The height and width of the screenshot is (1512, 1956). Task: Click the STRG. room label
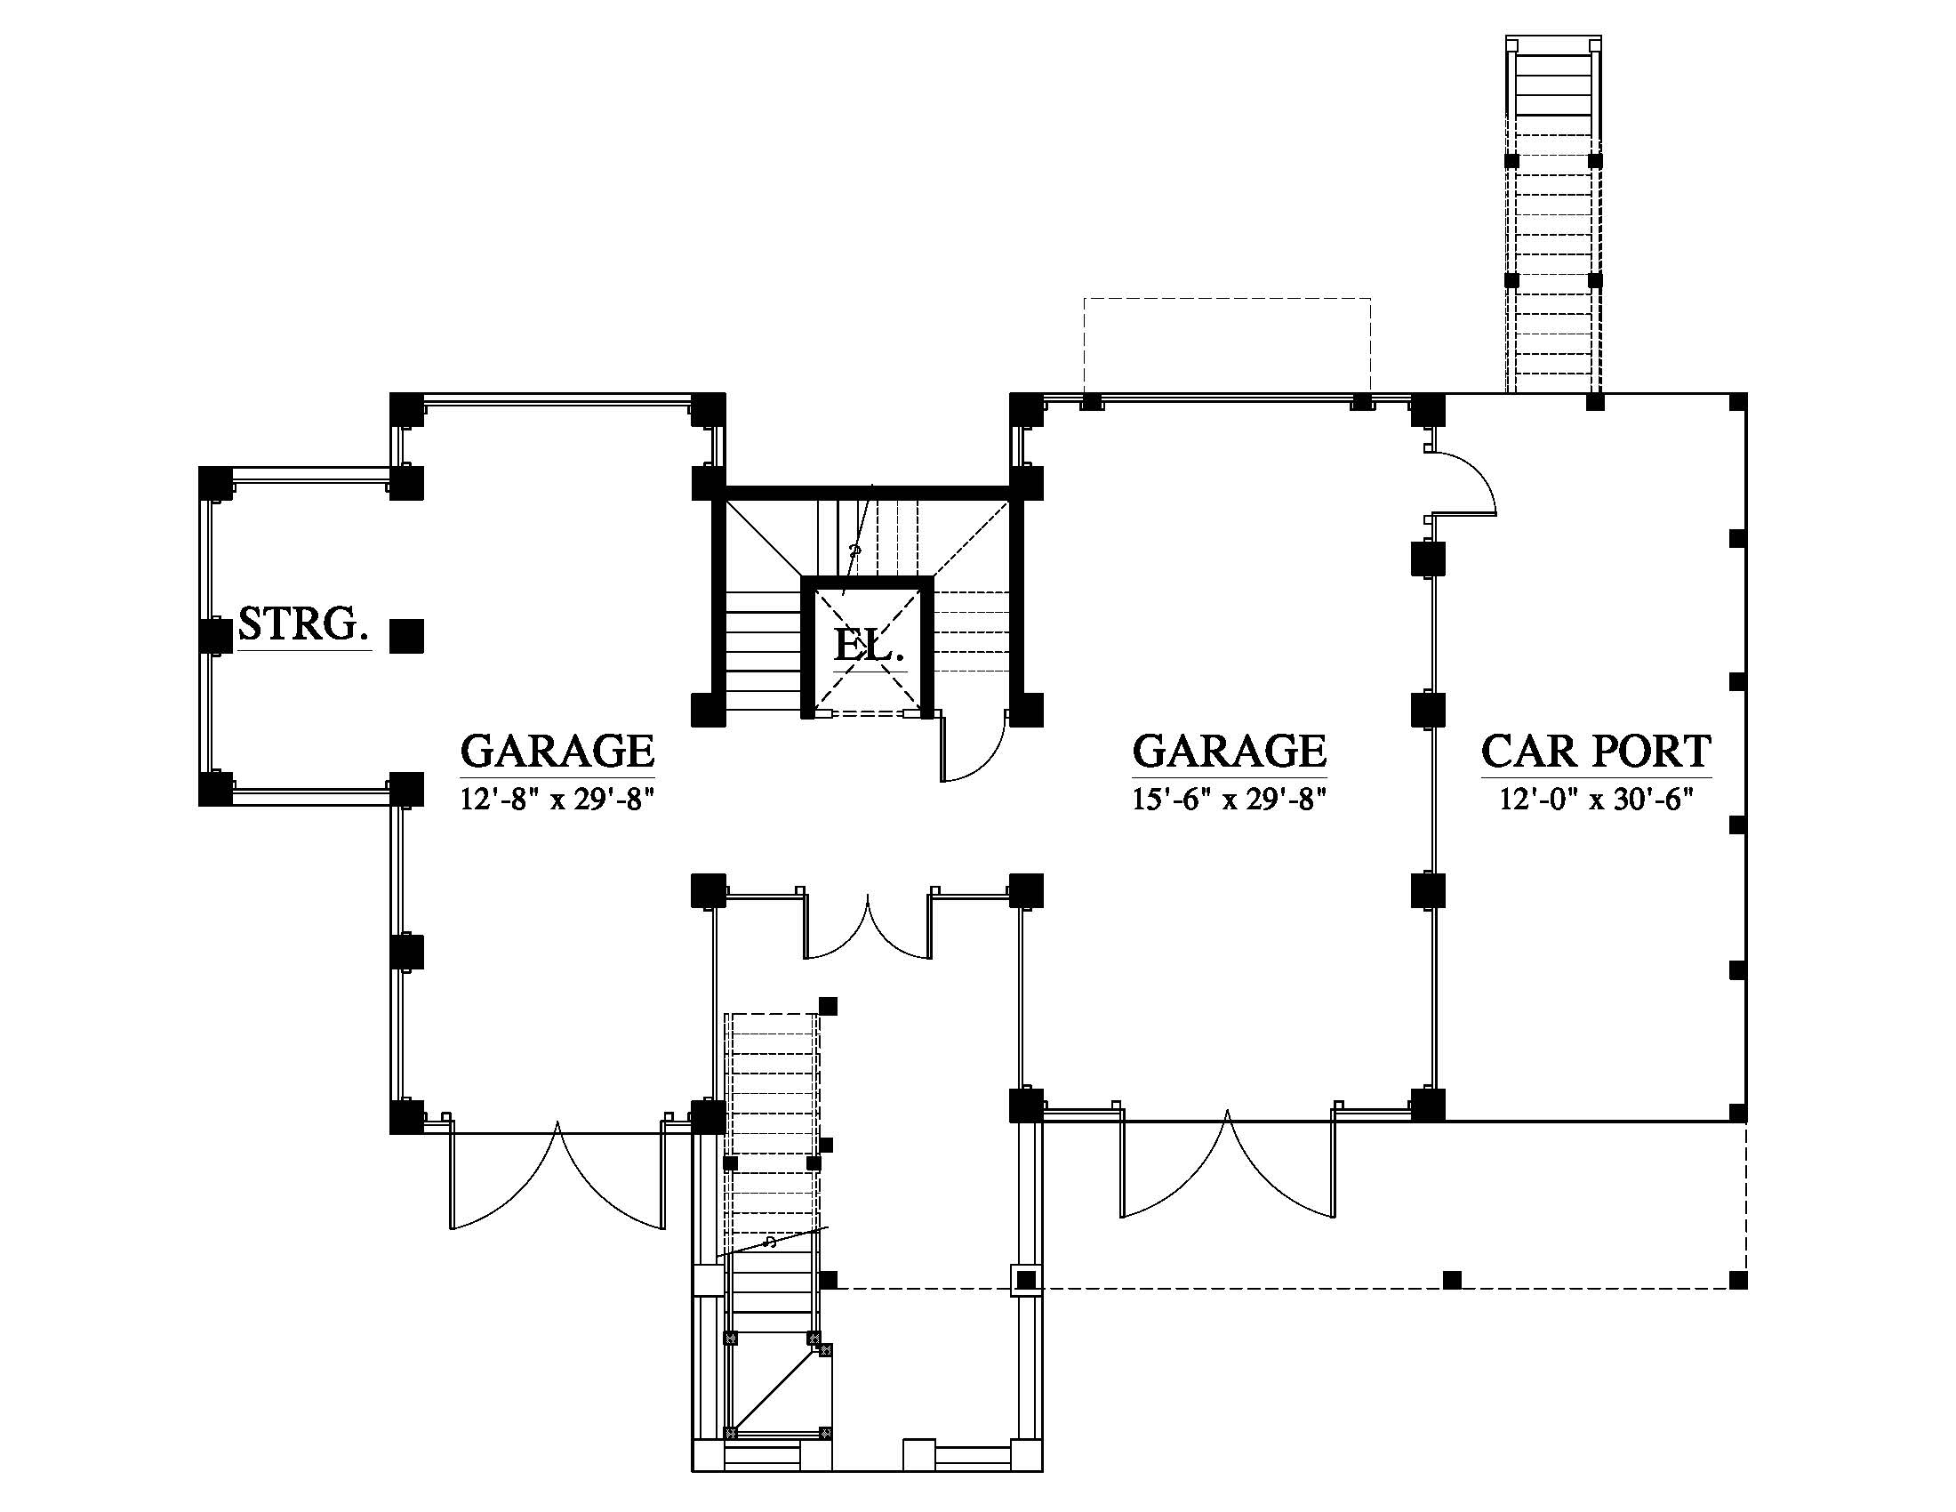pos(303,623)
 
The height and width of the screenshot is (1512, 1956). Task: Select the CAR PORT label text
pos(1596,751)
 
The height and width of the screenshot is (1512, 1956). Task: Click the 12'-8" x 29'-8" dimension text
pos(557,799)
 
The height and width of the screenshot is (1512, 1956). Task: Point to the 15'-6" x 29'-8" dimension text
pos(1229,799)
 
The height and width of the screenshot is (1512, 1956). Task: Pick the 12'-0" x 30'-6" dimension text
pos(1597,799)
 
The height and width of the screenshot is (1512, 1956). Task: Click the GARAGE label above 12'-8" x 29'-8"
pos(557,751)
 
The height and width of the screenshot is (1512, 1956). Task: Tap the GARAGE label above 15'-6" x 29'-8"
pos(1229,751)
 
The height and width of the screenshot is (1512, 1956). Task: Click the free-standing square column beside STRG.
pos(407,635)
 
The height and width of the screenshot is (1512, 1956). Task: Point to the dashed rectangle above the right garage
pos(1227,345)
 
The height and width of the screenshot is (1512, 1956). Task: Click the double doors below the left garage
pos(557,1182)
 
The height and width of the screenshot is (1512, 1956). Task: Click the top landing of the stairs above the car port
pos(1553,46)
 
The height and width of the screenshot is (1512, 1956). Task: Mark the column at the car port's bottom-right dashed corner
pos(1737,1280)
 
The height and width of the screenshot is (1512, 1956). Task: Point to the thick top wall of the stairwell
pos(867,492)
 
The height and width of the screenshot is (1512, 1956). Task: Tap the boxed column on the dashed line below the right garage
pos(1025,1280)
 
